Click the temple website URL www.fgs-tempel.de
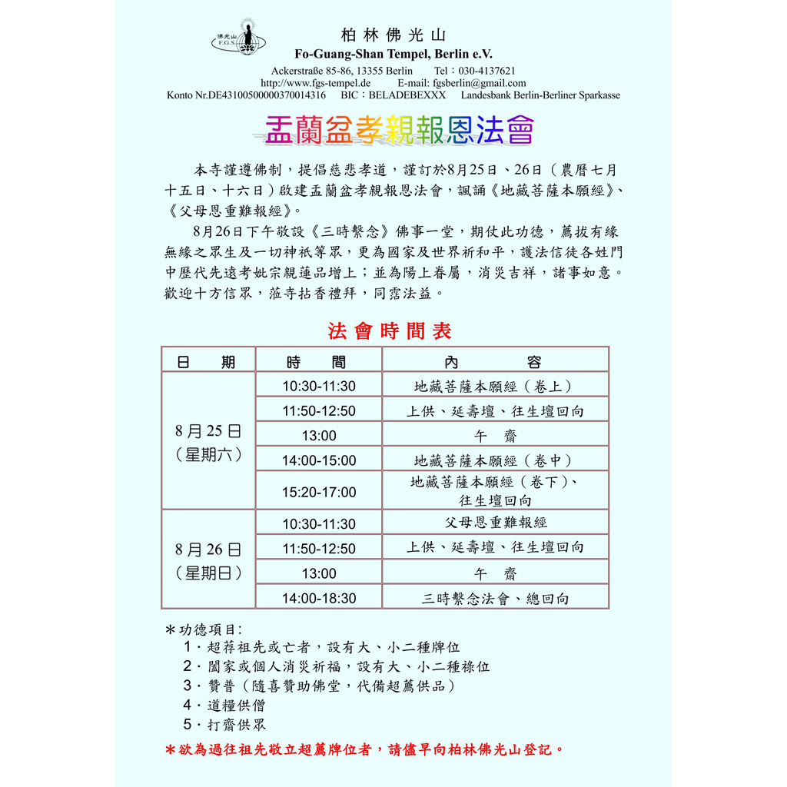coord(316,83)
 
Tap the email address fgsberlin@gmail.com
coord(480,83)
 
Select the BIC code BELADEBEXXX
coord(407,95)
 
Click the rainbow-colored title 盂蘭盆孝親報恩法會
coord(393,131)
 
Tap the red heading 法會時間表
coord(390,331)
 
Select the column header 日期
coord(207,362)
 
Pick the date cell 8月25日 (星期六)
coord(208,442)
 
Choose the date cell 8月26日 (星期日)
coord(208,560)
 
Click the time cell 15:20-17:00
coord(319,492)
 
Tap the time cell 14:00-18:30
coord(319,598)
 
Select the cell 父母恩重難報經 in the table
coord(496,523)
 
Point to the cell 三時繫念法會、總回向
coord(496,598)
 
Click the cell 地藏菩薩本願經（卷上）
coord(496,386)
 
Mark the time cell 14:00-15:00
coord(319,460)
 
